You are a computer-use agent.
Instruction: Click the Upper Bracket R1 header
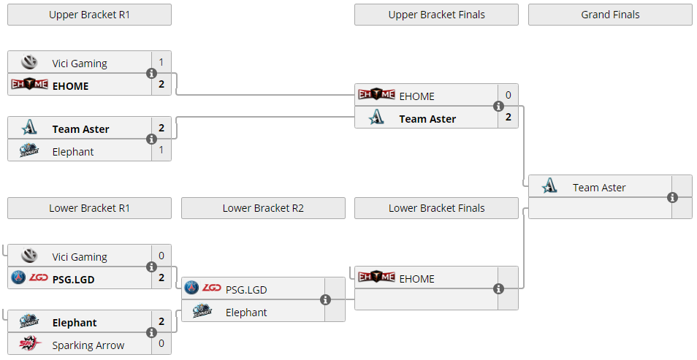89,15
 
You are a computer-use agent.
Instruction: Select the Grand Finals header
610,15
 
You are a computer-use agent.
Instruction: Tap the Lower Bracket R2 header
263,208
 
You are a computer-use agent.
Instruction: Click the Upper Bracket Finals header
436,15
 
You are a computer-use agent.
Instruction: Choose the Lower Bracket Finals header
436,208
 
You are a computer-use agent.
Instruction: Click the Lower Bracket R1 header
89,208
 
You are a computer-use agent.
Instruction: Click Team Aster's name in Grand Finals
599,188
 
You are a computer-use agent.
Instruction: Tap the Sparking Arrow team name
88,345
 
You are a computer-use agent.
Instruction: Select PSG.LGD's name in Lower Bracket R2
246,290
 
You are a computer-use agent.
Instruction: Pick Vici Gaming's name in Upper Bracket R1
80,64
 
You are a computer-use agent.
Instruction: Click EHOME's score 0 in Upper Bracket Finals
508,95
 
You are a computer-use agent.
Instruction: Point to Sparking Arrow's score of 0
161,343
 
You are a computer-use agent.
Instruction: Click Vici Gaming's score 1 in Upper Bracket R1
161,62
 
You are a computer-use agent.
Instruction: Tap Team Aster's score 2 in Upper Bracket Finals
508,117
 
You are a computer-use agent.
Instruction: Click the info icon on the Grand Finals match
672,198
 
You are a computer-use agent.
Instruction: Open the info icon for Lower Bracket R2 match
325,300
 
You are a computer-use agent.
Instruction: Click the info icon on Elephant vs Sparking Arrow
151,333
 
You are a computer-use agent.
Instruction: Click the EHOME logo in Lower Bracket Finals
376,277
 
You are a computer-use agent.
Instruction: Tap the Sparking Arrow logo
29,345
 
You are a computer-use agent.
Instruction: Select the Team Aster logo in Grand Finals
550,187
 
